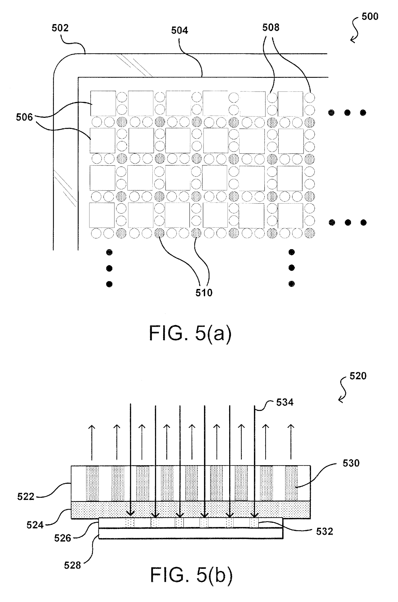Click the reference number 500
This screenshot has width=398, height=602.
[x=370, y=17]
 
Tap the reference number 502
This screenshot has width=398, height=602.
[x=60, y=28]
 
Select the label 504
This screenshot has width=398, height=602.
[x=179, y=31]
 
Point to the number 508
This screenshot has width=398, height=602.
[x=271, y=27]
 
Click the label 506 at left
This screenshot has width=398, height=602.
[x=24, y=117]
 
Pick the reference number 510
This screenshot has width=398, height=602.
[x=204, y=293]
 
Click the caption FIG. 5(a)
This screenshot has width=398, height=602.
[x=190, y=333]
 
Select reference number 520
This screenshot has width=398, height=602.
[x=358, y=376]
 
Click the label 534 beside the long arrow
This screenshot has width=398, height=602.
[x=284, y=402]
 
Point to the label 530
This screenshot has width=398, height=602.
[x=351, y=463]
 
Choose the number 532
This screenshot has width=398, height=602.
[x=324, y=531]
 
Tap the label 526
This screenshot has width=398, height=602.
[x=63, y=538]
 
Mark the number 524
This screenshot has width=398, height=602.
[x=35, y=525]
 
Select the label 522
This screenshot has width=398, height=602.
[x=26, y=497]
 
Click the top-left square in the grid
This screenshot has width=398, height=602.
[x=103, y=103]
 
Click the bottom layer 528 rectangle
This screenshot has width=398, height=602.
[x=191, y=533]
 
